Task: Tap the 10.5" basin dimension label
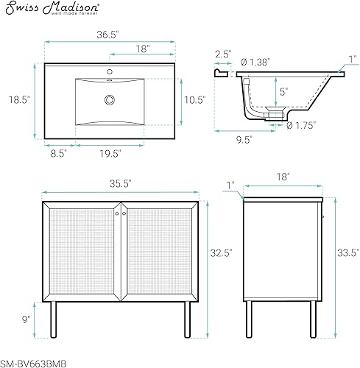(x=194, y=99)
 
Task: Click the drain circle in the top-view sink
(x=110, y=99)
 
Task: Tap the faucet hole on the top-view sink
(x=110, y=72)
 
